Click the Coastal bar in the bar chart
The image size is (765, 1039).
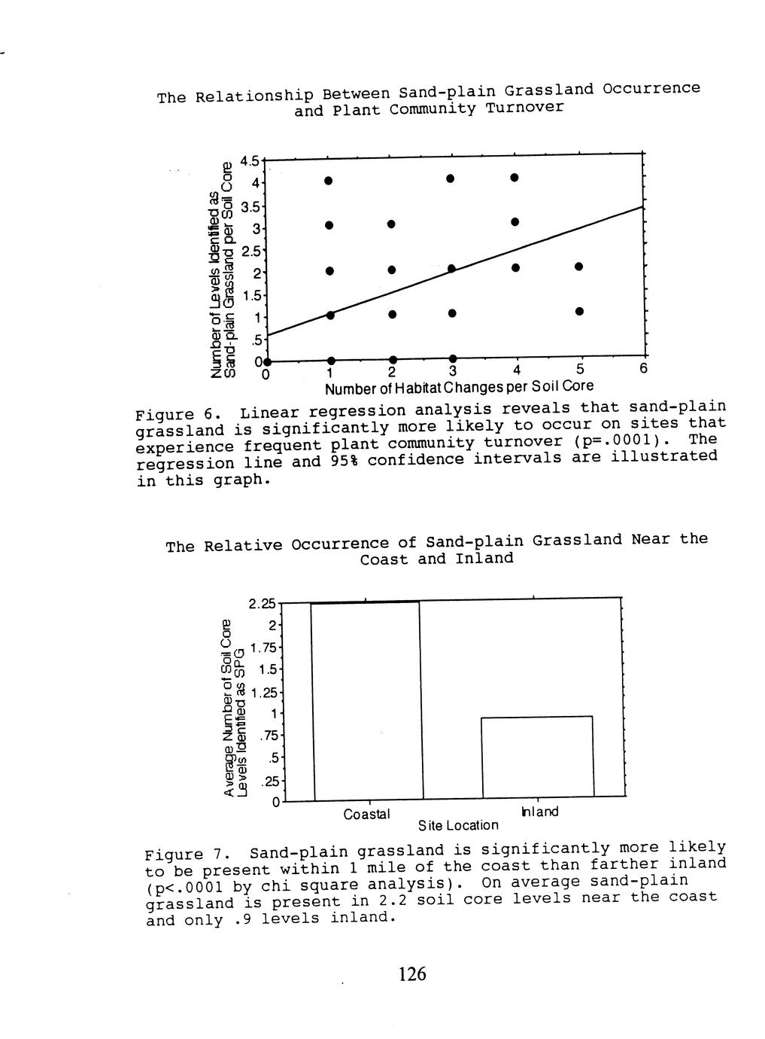click(367, 700)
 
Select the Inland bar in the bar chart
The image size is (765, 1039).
click(537, 756)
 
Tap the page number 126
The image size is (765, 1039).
click(412, 974)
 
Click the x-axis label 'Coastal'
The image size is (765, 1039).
click(367, 814)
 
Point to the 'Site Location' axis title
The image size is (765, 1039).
click(458, 825)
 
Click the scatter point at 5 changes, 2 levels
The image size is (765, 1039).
click(578, 267)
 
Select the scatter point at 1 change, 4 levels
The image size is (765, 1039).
click(329, 181)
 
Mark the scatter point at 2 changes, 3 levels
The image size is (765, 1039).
click(391, 224)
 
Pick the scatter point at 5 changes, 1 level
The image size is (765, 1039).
click(578, 311)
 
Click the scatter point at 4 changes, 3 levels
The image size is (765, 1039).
click(515, 222)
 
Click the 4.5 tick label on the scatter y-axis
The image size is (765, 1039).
click(249, 161)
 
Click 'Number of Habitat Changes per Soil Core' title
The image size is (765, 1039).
click(459, 386)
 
